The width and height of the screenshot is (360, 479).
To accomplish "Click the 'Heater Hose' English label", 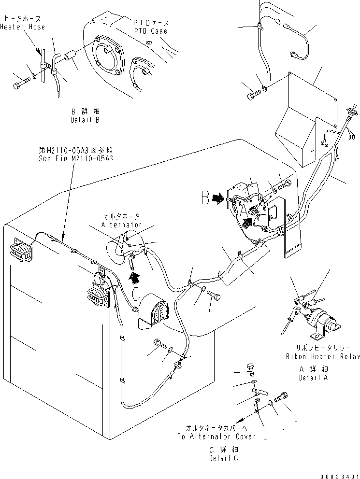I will pos(22,27).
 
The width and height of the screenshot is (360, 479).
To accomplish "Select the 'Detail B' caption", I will pos(85,120).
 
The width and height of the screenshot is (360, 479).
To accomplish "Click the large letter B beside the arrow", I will pos(206,198).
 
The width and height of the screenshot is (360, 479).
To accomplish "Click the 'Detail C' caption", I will pos(224,458).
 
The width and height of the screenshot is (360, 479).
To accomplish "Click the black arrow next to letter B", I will pos(220,197).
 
